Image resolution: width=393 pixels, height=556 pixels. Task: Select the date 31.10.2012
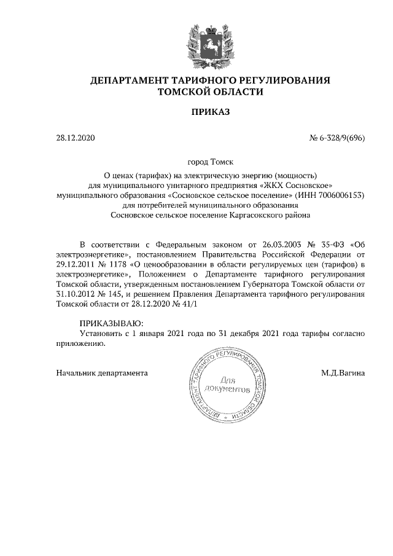pyautogui.click(x=76, y=294)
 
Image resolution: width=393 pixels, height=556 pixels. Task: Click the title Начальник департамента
pyautogui.click(x=102, y=372)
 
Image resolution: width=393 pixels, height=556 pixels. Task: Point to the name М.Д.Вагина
pyautogui.click(x=342, y=372)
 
